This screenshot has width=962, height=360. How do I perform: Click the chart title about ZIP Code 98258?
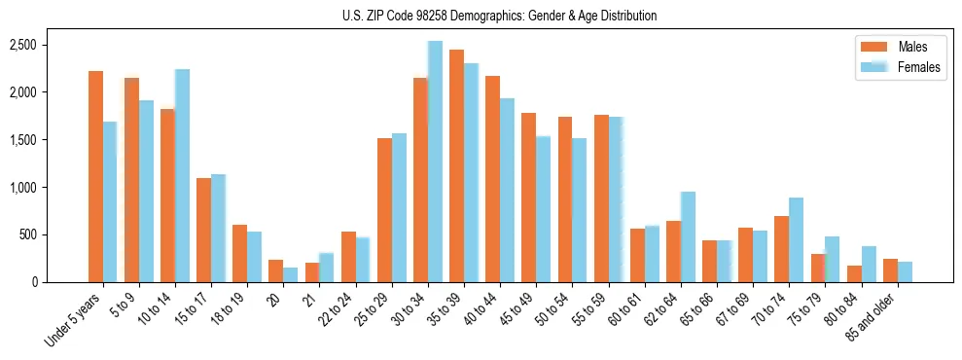(499, 16)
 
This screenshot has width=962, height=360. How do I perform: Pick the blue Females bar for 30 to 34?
(435, 162)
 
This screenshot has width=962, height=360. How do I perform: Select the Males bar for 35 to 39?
(456, 165)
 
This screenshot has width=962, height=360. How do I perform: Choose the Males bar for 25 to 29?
(384, 210)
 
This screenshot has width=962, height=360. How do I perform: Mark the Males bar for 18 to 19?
(239, 254)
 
